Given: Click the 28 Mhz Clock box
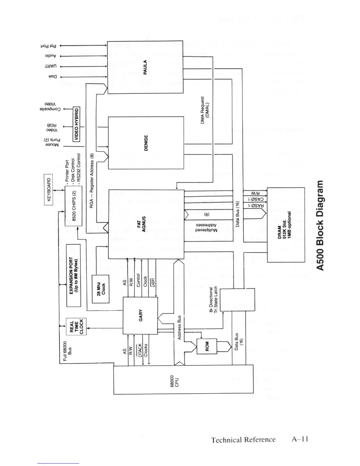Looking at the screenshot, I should point(101,289).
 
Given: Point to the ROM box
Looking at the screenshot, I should point(206,344).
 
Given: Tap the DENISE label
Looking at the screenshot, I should point(146,143).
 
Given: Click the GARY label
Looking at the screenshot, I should point(140,315).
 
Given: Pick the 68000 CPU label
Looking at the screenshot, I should point(175,379).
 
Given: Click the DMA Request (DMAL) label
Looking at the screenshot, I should point(204,110).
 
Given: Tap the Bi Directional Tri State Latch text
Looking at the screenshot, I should point(213,300).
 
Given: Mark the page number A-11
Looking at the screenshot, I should point(300,440).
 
